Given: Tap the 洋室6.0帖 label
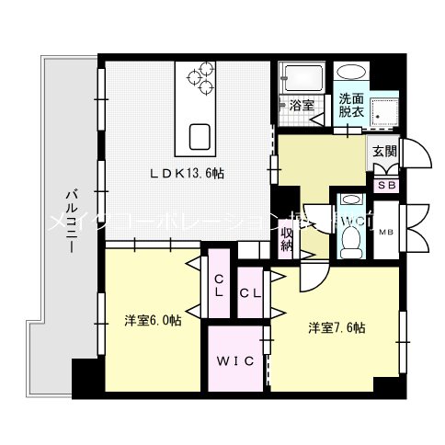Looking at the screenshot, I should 153,321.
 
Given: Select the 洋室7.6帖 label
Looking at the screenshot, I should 337,327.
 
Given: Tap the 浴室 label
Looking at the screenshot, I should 302,105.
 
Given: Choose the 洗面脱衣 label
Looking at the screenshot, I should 350,103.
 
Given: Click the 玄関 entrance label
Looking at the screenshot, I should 383,153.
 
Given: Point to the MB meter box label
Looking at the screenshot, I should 385,232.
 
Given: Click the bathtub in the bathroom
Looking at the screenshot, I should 300,75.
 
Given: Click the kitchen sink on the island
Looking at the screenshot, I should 201,135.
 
